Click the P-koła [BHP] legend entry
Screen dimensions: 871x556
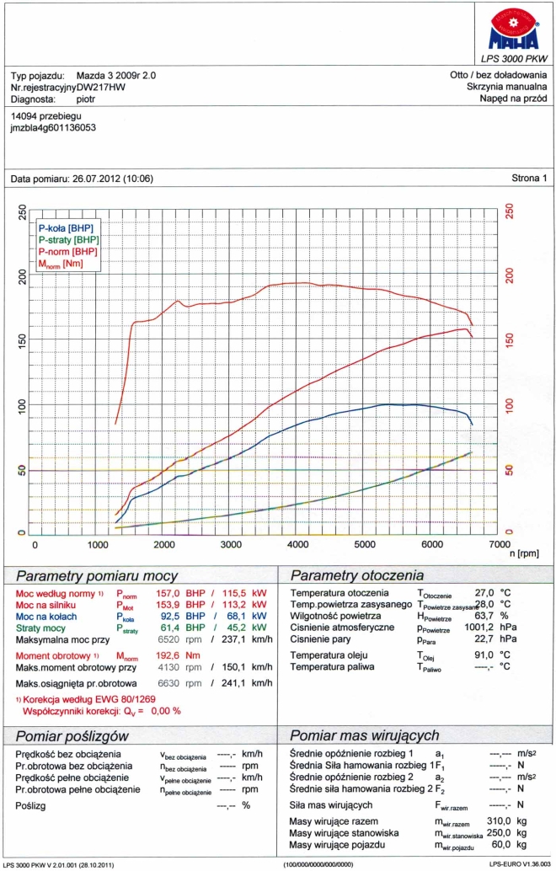(x=66, y=228)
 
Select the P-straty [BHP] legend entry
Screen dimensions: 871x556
(x=68, y=240)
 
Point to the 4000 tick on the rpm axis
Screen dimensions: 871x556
(x=299, y=545)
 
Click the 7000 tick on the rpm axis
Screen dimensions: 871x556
(x=497, y=545)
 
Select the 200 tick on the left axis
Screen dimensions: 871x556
(x=21, y=275)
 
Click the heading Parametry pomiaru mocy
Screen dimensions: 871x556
(x=97, y=576)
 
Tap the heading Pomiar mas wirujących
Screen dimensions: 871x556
(x=364, y=735)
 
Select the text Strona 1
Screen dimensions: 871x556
(x=529, y=179)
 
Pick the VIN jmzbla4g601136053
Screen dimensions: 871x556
(x=52, y=128)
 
